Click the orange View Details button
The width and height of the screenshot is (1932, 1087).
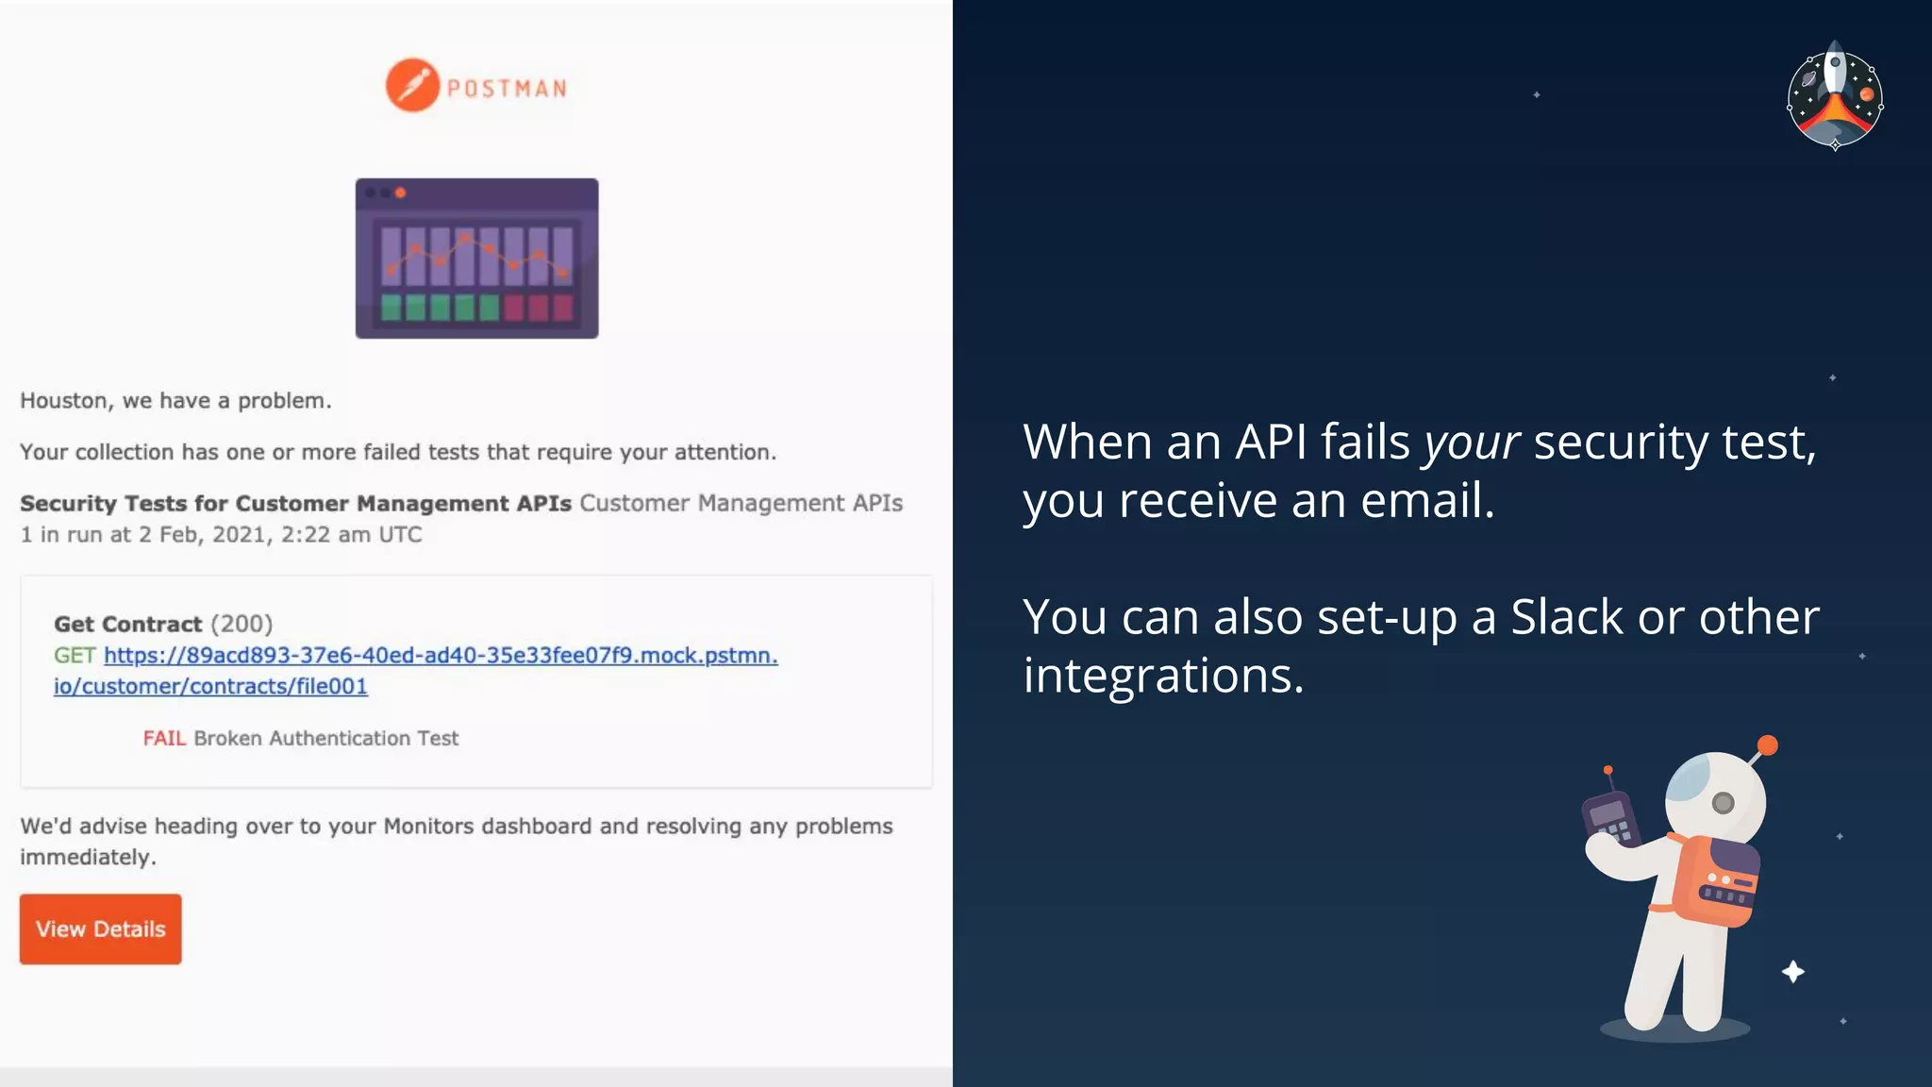[x=100, y=928]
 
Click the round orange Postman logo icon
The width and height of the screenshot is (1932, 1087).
[x=412, y=86]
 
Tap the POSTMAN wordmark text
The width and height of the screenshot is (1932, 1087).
[x=507, y=89]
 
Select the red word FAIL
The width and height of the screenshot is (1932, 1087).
[x=164, y=738]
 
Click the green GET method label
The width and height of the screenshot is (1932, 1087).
[x=75, y=655]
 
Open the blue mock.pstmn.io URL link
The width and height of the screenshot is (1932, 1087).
[x=440, y=655]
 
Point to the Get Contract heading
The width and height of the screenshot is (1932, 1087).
[x=127, y=624]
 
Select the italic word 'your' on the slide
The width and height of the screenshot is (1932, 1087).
[x=1471, y=443]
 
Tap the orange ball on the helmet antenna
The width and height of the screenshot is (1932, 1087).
[x=1768, y=745]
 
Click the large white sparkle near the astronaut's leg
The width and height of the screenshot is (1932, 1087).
[x=1793, y=972]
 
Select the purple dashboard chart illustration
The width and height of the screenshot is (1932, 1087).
[x=476, y=259]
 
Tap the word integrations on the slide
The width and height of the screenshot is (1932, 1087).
[x=1163, y=676]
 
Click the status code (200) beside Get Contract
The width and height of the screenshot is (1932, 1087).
[x=241, y=624]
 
